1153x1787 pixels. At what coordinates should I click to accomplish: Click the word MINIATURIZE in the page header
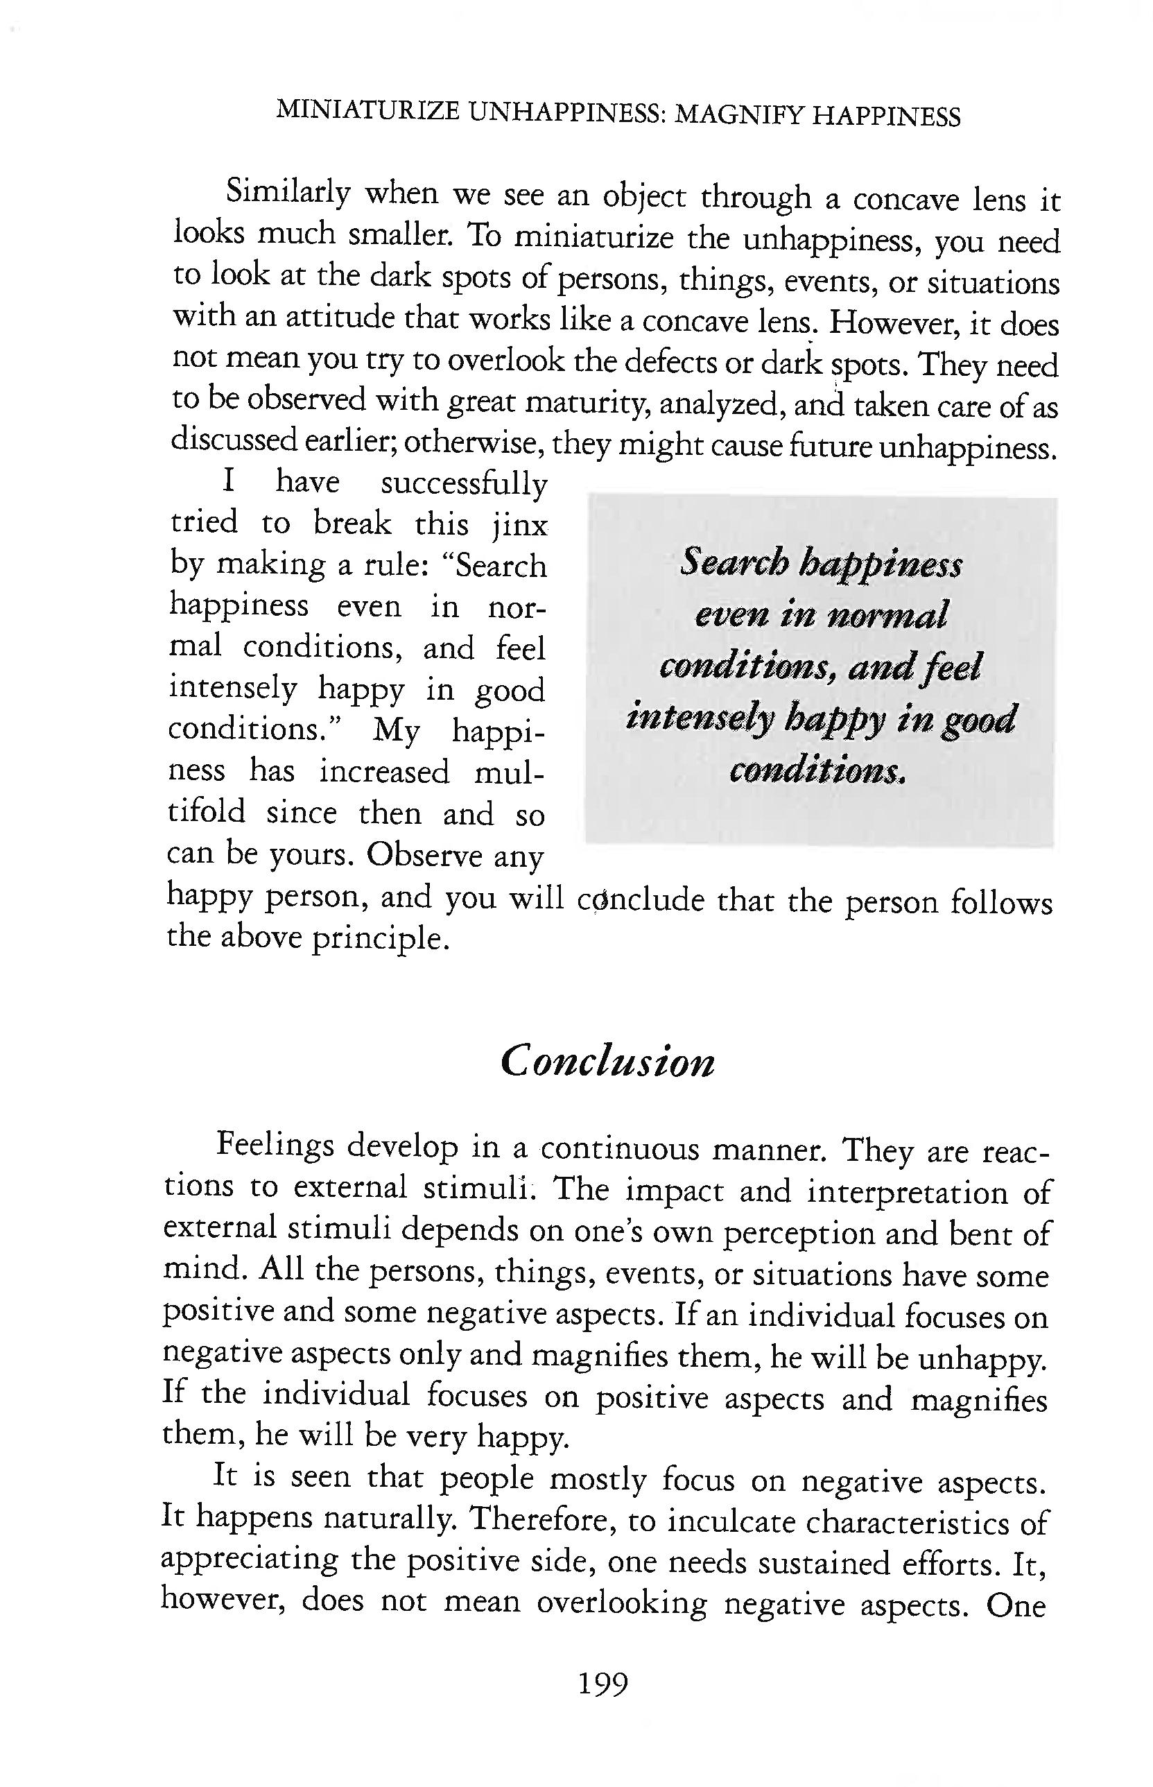[x=367, y=112]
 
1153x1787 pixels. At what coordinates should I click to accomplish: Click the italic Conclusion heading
[x=607, y=1062]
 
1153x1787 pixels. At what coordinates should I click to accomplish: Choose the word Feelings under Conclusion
[x=275, y=1146]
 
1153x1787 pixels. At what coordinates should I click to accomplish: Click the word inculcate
[x=723, y=1522]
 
